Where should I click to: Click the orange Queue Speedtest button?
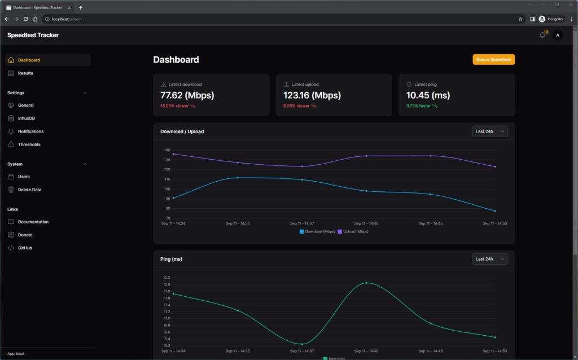pyautogui.click(x=493, y=59)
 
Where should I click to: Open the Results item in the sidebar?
pyautogui.click(x=25, y=73)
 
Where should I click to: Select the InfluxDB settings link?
pyautogui.click(x=26, y=118)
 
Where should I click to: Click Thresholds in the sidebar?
pyautogui.click(x=29, y=144)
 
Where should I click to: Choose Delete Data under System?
pyautogui.click(x=29, y=190)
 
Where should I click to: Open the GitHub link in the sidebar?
pyautogui.click(x=25, y=248)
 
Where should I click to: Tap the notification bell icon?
pyautogui.click(x=542, y=35)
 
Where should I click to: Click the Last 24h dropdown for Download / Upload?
pyautogui.click(x=489, y=131)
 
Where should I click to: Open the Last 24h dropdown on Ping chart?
pyautogui.click(x=489, y=259)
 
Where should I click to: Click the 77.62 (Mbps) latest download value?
pyautogui.click(x=187, y=95)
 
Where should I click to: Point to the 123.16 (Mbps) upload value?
pyautogui.click(x=312, y=95)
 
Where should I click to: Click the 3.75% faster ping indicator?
pyautogui.click(x=421, y=106)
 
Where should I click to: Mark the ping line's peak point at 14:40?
pyautogui.click(x=366, y=283)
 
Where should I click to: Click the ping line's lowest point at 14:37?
pyautogui.click(x=302, y=344)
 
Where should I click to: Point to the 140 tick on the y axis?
pyautogui.click(x=167, y=150)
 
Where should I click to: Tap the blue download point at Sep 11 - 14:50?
pyautogui.click(x=495, y=211)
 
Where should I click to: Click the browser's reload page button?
pyautogui.click(x=25, y=19)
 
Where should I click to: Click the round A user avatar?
pyautogui.click(x=558, y=35)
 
